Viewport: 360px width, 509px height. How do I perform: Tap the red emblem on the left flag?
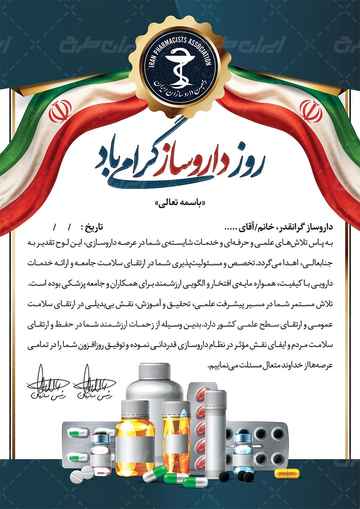click(60, 111)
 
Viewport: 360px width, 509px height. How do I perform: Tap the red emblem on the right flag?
click(311, 111)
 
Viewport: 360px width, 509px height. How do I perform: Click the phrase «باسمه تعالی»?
click(179, 203)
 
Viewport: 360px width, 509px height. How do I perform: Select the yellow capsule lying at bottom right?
click(286, 473)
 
